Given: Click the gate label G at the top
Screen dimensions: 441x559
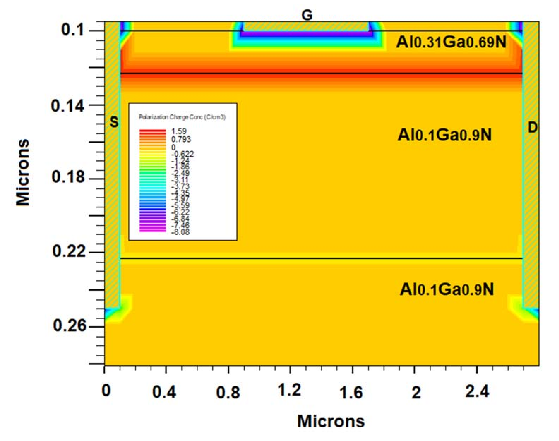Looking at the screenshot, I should [307, 16].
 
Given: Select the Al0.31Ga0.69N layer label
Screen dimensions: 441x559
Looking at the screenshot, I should [451, 42].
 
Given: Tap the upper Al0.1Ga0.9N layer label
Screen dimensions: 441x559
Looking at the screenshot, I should [444, 135].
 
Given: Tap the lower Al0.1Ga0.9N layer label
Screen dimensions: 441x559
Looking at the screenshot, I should [447, 289].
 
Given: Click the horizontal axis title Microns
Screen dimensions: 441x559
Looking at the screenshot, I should [331, 422].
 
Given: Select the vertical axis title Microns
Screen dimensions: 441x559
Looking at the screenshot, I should [23, 172].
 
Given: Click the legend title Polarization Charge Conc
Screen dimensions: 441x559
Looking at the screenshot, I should [182, 117].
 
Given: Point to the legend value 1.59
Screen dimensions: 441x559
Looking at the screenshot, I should [179, 131].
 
